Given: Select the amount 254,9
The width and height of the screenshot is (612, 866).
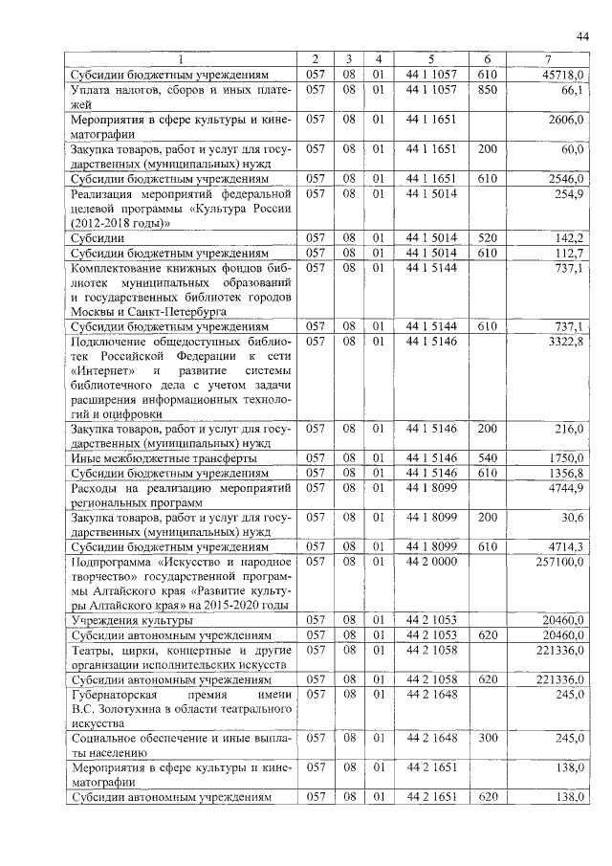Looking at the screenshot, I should [x=570, y=194].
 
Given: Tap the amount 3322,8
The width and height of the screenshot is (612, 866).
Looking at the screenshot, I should [x=566, y=342].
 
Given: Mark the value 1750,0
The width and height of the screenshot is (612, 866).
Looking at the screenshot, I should [x=566, y=458].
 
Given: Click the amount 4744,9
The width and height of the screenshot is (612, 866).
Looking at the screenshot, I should [x=566, y=488].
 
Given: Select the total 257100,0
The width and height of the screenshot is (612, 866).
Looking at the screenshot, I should [x=559, y=562].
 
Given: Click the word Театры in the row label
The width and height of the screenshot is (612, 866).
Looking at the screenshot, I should [x=94, y=650].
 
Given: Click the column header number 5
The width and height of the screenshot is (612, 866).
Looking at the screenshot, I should [x=431, y=59].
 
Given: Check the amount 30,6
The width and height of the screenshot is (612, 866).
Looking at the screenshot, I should [x=572, y=518].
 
